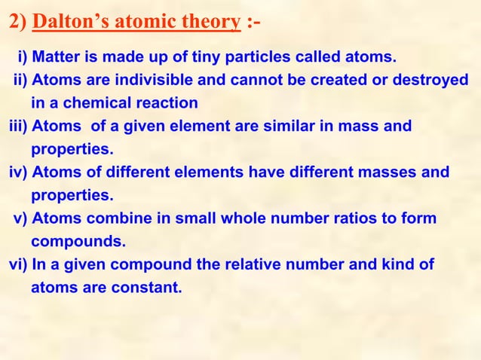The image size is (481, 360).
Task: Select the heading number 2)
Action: pos(17,22)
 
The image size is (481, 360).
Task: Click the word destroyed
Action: pos(432,80)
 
